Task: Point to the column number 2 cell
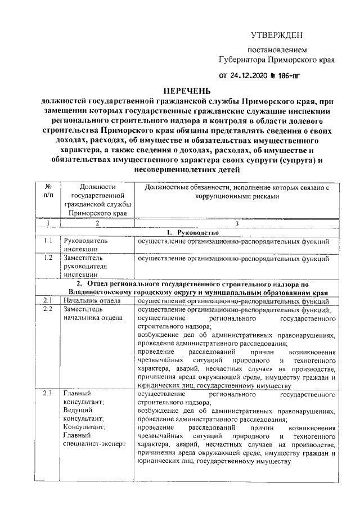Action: (x=97, y=224)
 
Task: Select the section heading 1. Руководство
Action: (x=187, y=233)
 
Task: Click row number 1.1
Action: (x=48, y=241)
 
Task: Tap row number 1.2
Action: (x=48, y=258)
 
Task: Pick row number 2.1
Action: (x=48, y=301)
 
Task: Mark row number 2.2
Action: (x=48, y=309)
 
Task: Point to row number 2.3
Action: (x=48, y=393)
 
